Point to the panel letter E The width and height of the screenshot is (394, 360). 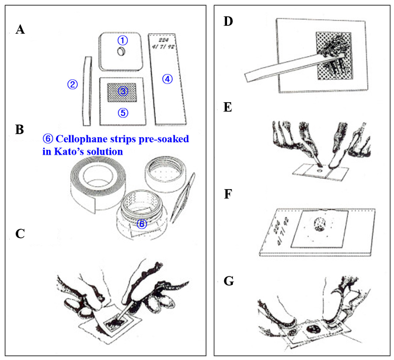[x=229, y=108]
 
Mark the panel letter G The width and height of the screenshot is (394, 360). [x=229, y=281]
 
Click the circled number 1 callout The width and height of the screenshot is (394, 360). [x=122, y=40]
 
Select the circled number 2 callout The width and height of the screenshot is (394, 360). [x=72, y=84]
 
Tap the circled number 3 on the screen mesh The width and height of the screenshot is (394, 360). [x=123, y=91]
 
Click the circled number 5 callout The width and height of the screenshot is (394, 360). [x=123, y=112]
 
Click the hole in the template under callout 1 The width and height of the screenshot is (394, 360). [x=121, y=53]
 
